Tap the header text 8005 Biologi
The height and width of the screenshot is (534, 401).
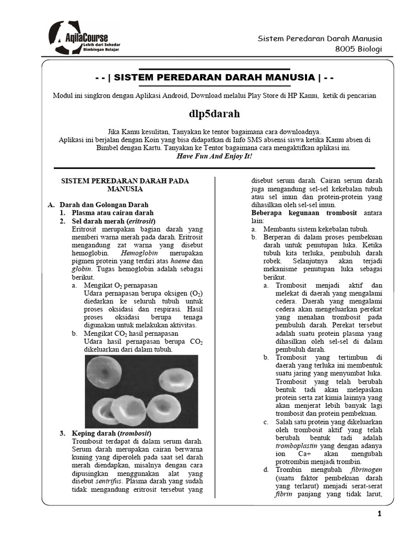click(359, 50)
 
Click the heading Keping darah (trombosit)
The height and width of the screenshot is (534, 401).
click(111, 433)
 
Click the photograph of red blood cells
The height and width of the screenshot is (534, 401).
click(141, 391)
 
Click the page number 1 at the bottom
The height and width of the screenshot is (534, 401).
click(380, 515)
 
